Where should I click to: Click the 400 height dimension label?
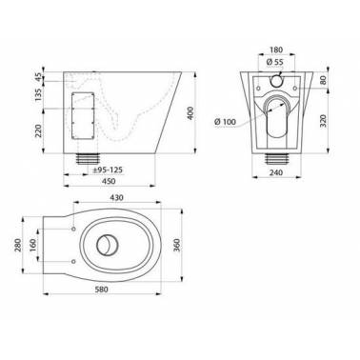tap(190, 113)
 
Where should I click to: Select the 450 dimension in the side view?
tap(109, 181)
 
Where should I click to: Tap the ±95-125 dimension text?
tap(108, 170)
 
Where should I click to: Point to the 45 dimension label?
tap(38, 76)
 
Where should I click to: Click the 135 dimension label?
tap(38, 94)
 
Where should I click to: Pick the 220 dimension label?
tap(38, 130)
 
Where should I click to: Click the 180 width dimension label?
tap(276, 50)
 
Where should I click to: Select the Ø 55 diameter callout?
tap(275, 62)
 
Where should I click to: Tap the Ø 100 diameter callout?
tap(226, 122)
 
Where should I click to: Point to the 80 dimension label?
tap(323, 80)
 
